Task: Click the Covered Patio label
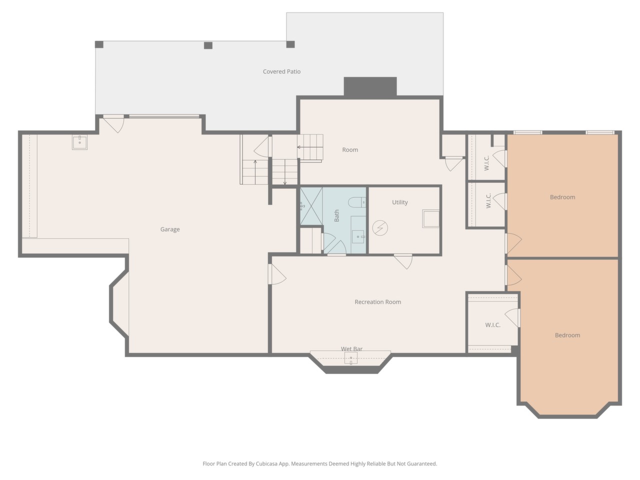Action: [281, 71]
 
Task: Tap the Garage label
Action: [170, 229]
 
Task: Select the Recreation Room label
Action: [377, 302]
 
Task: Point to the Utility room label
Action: [399, 202]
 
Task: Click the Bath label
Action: [336, 215]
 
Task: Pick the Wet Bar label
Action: [351, 348]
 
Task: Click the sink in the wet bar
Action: [351, 358]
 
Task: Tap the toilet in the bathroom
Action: [357, 202]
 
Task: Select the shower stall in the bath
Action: [311, 206]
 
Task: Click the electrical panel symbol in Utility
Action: [380, 228]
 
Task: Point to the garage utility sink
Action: [79, 142]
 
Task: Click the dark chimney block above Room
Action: [370, 86]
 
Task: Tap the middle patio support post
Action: [208, 45]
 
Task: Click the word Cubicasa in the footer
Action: [267, 463]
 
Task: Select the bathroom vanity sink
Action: [358, 236]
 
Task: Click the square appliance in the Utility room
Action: [430, 218]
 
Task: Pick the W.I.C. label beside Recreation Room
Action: [493, 325]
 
